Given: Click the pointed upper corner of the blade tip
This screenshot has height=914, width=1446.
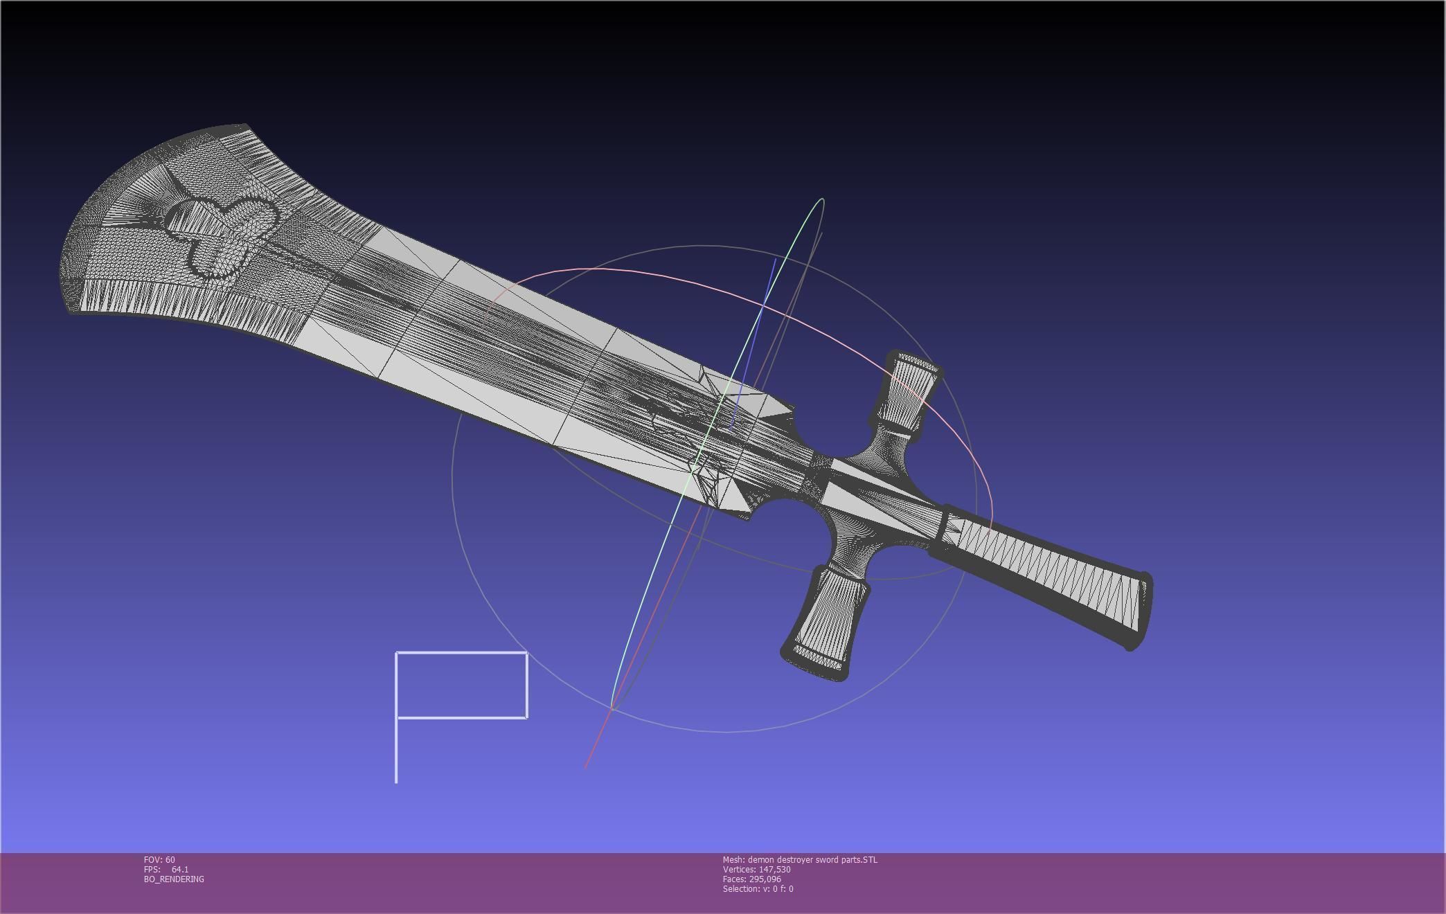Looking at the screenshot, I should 246,126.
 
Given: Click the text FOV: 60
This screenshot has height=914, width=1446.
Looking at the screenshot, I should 159,860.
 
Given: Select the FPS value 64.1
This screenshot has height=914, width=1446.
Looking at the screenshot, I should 180,870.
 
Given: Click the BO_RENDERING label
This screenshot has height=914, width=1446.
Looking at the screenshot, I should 174,879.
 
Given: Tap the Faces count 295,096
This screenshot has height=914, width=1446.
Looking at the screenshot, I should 766,879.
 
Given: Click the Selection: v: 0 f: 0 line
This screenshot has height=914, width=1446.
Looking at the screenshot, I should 758,889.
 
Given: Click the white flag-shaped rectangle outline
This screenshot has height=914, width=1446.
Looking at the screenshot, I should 462,685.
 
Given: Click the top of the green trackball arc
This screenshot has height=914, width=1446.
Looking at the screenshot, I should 821,200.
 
